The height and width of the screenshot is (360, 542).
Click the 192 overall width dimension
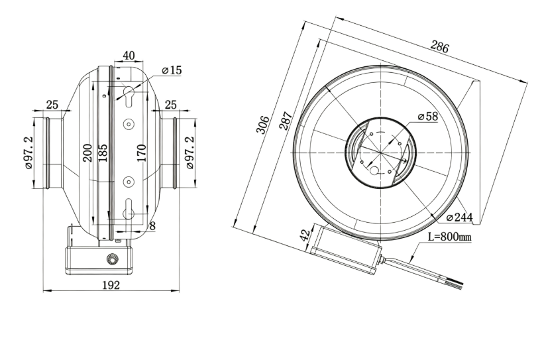click(x=111, y=285)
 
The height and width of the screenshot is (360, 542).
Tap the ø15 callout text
click(x=172, y=70)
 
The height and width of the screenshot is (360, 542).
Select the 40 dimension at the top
click(x=129, y=55)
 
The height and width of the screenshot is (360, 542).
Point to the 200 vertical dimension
click(x=87, y=153)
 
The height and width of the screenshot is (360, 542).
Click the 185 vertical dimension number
click(x=103, y=153)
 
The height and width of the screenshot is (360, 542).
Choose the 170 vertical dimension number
click(x=141, y=153)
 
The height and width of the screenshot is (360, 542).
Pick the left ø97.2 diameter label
click(x=28, y=152)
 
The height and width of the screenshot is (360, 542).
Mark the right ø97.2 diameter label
click(x=190, y=152)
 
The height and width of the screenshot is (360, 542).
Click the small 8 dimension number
click(x=152, y=226)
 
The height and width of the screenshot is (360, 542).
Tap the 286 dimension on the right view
click(x=440, y=46)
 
